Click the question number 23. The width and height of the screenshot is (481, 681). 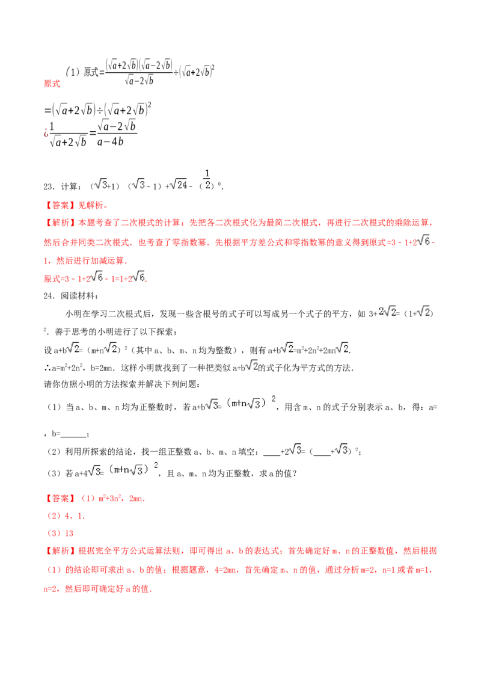click(x=49, y=186)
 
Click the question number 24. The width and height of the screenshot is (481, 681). click(x=49, y=296)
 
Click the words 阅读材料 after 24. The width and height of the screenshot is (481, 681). click(x=78, y=296)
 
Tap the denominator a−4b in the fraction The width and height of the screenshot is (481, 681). click(x=110, y=141)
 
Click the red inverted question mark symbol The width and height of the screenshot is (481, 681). click(x=46, y=132)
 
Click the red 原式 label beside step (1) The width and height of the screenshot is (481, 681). click(x=52, y=84)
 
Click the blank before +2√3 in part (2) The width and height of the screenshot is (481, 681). click(x=272, y=454)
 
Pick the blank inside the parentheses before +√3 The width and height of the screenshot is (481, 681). click(x=322, y=454)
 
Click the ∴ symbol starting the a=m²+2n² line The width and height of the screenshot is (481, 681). click(x=47, y=368)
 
